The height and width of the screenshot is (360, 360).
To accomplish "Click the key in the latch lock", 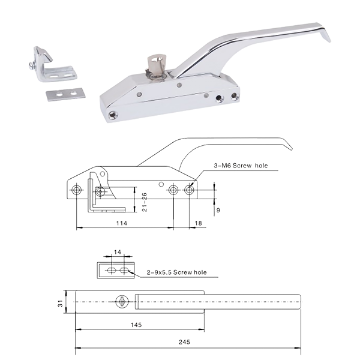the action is (155, 65).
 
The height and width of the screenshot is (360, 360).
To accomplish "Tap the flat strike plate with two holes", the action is (65, 94).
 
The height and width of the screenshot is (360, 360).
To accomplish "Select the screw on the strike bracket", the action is (33, 65).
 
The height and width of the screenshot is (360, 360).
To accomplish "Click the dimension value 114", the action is (121, 223).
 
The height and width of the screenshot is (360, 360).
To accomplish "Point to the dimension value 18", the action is (198, 223).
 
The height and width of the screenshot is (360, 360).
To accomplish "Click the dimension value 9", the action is (218, 210).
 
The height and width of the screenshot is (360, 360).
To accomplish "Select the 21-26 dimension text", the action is (144, 202).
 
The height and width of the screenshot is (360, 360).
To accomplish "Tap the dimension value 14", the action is (118, 252).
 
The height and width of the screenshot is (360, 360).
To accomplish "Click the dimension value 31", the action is (60, 303).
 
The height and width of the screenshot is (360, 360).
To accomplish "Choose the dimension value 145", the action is (136, 325).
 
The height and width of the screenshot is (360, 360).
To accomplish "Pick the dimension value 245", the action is (184, 342).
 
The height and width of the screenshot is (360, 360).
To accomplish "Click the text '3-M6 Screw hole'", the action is (241, 166).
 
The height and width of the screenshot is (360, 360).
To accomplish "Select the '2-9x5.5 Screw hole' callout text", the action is (176, 272).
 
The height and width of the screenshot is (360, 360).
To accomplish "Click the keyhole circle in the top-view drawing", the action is (122, 302).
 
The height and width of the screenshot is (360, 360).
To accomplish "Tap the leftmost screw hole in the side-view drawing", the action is (76, 190).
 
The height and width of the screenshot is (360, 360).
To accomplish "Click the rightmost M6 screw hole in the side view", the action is (189, 190).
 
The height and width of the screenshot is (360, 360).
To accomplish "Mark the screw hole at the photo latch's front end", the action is (113, 115).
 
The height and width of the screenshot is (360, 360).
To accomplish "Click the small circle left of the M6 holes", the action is (161, 184).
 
